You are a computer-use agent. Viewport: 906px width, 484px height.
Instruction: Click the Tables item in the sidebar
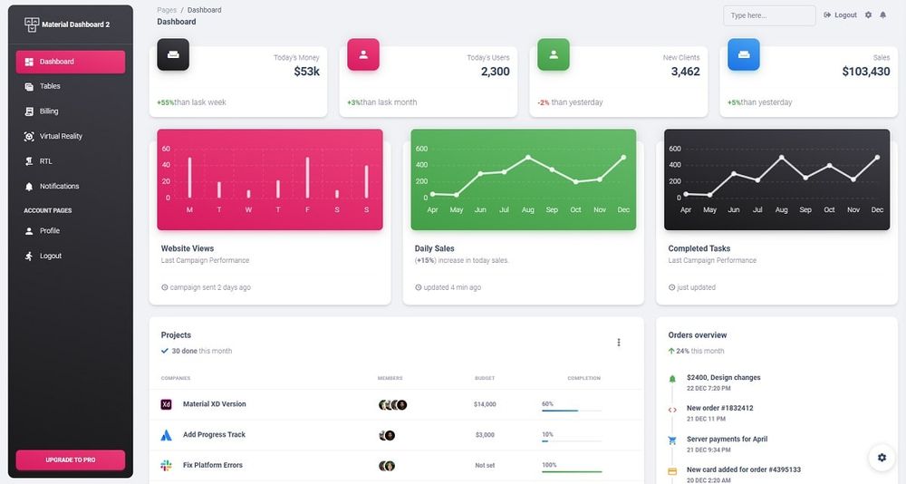[x=50, y=86]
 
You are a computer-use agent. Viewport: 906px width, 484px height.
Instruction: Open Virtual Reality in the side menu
[x=61, y=136]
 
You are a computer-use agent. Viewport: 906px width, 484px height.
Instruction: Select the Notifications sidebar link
[x=59, y=186]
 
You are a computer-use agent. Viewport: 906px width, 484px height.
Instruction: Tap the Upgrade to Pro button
[x=71, y=460]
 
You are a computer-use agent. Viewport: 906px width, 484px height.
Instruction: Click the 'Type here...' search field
[x=768, y=15]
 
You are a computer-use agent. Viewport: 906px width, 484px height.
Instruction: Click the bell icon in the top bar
[x=882, y=15]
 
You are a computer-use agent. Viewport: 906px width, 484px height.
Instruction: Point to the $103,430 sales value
[x=865, y=72]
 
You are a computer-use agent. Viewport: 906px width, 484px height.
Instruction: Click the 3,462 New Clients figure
[x=685, y=72]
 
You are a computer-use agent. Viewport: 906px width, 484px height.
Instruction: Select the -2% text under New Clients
[x=543, y=102]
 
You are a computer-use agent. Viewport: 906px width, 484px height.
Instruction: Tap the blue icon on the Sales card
[x=744, y=54]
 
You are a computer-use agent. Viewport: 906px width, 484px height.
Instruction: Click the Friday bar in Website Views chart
[x=307, y=178]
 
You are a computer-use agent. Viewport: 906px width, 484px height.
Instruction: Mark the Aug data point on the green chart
[x=528, y=158]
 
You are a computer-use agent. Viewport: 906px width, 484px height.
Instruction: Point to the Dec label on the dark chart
[x=877, y=210]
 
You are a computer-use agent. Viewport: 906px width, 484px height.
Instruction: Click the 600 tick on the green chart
[x=421, y=149]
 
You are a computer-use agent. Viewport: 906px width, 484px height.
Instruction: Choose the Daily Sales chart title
[x=435, y=248]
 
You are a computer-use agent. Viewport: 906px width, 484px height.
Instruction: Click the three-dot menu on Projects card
[x=619, y=343]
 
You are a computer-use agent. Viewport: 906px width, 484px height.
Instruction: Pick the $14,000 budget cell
[x=485, y=404]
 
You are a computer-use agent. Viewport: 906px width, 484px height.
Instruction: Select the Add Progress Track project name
[x=214, y=435]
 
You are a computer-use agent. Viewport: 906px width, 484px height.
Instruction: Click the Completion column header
[x=583, y=378]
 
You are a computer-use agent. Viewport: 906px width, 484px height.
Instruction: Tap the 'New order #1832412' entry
[x=719, y=408]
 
